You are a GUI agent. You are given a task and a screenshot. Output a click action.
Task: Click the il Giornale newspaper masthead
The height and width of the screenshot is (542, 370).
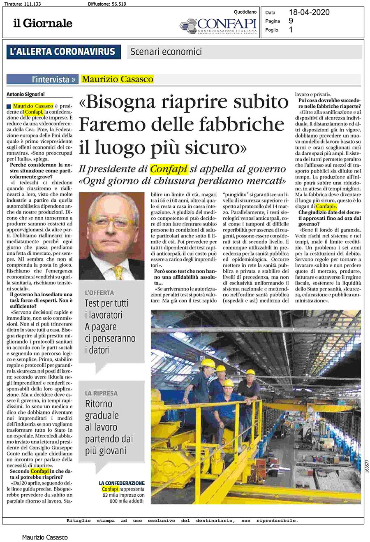pos(42,23)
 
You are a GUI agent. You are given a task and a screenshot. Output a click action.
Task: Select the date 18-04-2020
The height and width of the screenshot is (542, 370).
pos(309,12)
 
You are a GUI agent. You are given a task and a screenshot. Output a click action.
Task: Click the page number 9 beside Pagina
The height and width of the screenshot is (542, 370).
pos(291,21)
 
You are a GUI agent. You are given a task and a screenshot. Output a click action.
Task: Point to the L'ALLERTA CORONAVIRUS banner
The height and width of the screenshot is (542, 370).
pos(63,52)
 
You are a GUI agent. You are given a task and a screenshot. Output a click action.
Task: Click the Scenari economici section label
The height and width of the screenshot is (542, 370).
pos(166,52)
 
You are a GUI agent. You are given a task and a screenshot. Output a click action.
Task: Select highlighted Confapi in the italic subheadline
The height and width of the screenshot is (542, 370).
pos(169,169)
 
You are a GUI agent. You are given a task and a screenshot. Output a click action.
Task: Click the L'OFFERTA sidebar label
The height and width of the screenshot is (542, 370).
pos(99,293)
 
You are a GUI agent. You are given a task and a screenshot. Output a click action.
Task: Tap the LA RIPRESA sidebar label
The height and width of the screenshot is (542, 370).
pos(101,393)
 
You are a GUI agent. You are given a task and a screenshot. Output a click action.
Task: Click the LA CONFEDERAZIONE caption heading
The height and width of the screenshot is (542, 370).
pos(122,483)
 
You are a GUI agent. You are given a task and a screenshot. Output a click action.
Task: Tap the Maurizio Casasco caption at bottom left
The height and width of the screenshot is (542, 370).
pos(45,537)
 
